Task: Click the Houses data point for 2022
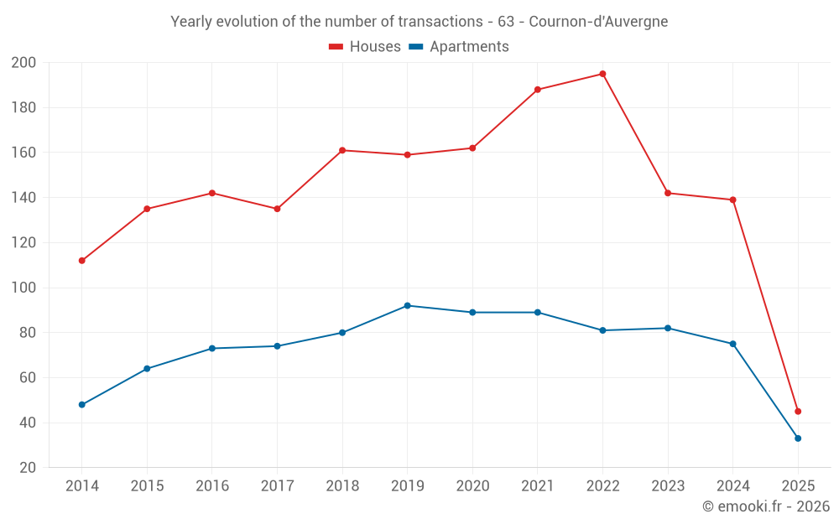(x=602, y=74)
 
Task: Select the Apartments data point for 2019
(x=408, y=305)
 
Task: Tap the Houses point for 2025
(x=798, y=411)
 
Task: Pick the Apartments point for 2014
(x=82, y=404)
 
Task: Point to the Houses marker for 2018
(x=342, y=150)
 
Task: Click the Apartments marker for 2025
(x=798, y=438)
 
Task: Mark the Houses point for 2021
(x=538, y=90)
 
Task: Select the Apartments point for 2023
(x=668, y=328)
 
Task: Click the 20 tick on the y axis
(x=28, y=468)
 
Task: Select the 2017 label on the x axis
(x=277, y=486)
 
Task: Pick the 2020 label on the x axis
(x=472, y=486)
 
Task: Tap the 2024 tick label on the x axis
(x=732, y=486)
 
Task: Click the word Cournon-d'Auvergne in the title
(x=598, y=22)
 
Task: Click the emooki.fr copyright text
(x=766, y=506)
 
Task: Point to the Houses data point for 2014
(x=82, y=261)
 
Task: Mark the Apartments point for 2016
(x=212, y=348)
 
